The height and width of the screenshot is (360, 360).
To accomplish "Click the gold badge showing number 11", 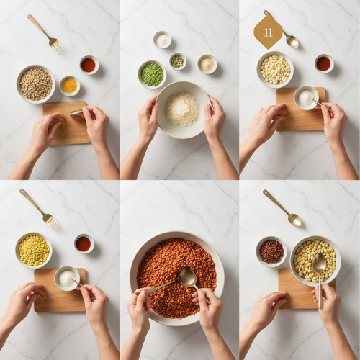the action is pyautogui.click(x=268, y=32).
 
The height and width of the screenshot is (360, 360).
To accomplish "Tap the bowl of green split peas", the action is pyautogui.click(x=152, y=74).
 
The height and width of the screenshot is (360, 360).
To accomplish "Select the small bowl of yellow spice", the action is pyautogui.click(x=70, y=86).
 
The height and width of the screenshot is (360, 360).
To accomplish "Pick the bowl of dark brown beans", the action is pyautogui.click(x=271, y=252).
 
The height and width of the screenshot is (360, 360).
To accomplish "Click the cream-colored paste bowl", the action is pyautogui.click(x=207, y=64).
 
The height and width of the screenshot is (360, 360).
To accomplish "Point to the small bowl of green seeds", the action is pyautogui.click(x=178, y=61).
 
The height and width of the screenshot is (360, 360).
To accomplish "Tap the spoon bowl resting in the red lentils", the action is pyautogui.click(x=188, y=277).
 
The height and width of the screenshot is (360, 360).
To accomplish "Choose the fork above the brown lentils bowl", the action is pyautogui.click(x=46, y=34).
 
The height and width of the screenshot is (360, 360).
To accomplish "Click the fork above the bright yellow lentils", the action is pyautogui.click(x=40, y=210).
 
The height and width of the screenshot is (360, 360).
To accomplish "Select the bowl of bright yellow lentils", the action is pyautogui.click(x=34, y=250).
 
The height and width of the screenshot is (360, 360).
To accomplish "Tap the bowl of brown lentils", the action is pyautogui.click(x=36, y=84).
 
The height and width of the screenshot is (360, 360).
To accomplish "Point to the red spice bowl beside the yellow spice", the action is pyautogui.click(x=89, y=65).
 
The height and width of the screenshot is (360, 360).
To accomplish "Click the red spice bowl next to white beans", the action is pyautogui.click(x=324, y=63).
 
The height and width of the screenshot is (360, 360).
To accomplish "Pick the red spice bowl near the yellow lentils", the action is pyautogui.click(x=84, y=244).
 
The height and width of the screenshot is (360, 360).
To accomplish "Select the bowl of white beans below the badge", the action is pyautogui.click(x=275, y=70).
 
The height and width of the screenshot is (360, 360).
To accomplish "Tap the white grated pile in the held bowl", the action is pyautogui.click(x=182, y=109).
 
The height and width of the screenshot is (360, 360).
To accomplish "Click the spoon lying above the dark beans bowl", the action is pyautogui.click(x=282, y=208).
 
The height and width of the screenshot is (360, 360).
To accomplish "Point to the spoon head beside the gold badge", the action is pyautogui.click(x=292, y=41).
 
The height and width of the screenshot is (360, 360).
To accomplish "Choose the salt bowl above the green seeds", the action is pyautogui.click(x=163, y=40).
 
